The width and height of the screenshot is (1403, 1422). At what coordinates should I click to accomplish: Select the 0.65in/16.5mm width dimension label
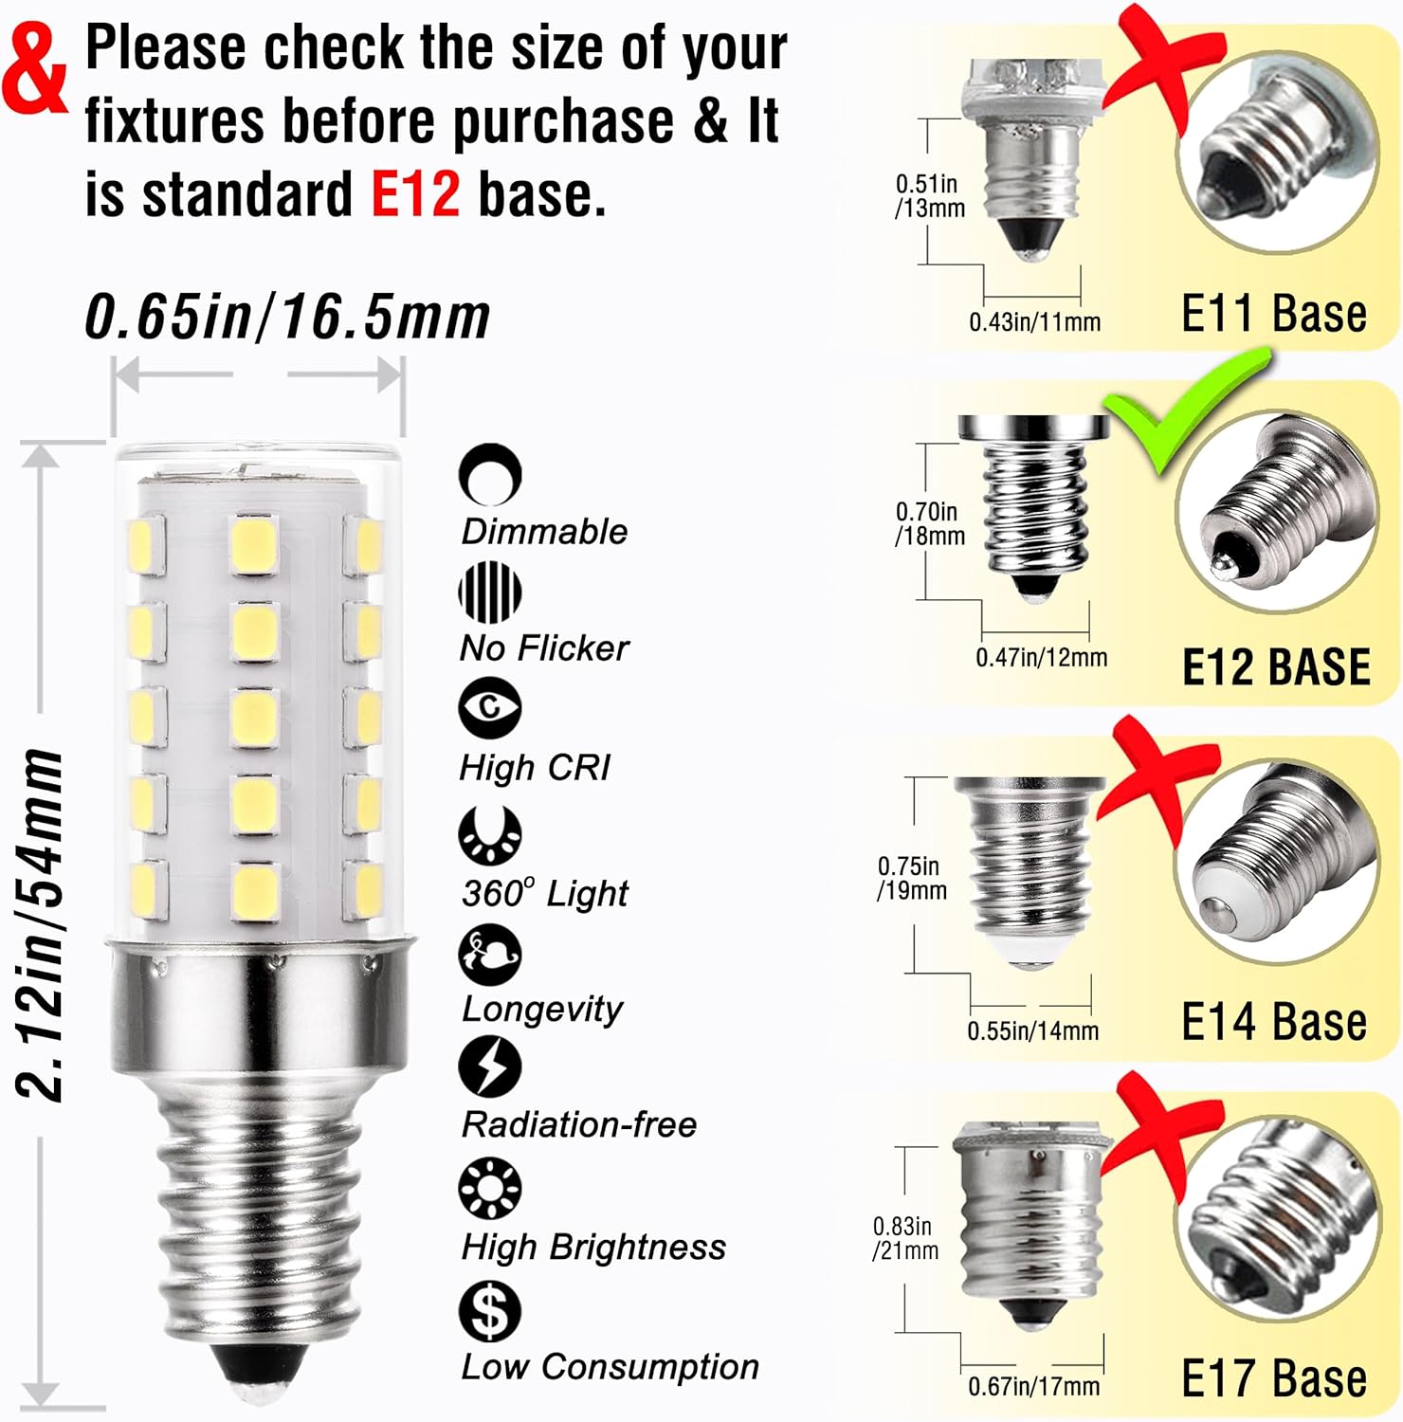(x=287, y=316)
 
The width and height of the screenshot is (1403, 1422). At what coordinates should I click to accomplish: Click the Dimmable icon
(x=489, y=473)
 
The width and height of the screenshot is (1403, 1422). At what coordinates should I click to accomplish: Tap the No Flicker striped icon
(x=489, y=592)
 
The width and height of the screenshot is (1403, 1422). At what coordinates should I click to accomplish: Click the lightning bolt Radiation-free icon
(x=489, y=1066)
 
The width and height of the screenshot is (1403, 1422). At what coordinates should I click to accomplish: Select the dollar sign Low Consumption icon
(x=489, y=1311)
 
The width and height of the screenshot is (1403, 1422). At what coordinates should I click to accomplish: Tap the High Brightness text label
(x=593, y=1247)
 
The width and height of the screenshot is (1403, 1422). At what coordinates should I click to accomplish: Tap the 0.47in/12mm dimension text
(x=1041, y=657)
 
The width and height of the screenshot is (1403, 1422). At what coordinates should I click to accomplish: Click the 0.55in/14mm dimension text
(x=1032, y=1030)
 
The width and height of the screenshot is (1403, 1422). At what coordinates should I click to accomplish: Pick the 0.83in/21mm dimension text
(x=905, y=1238)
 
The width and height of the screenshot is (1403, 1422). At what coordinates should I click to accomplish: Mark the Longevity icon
(x=489, y=955)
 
